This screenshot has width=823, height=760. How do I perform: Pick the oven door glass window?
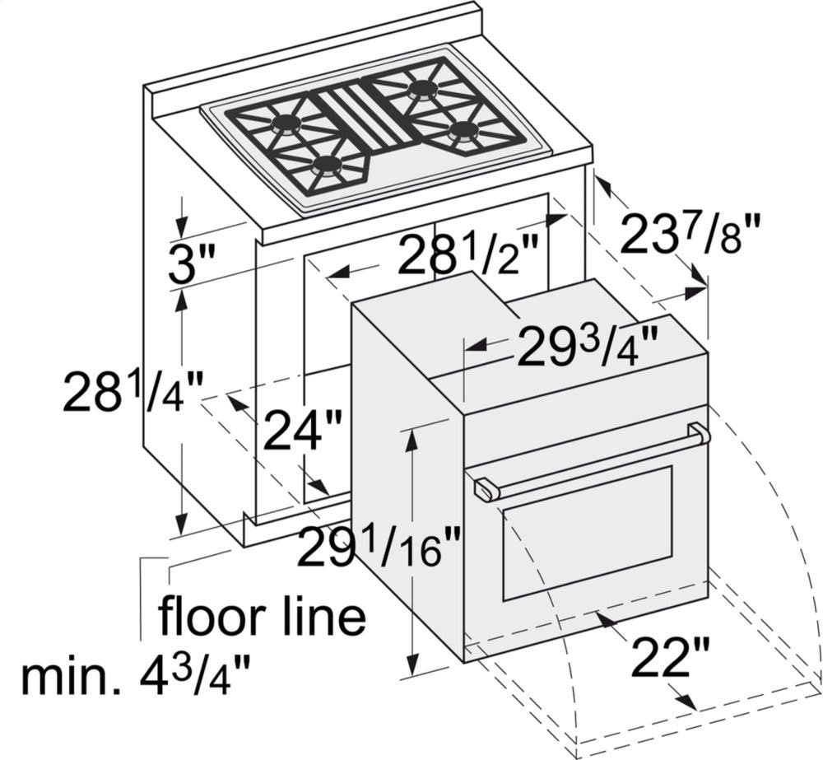[x=587, y=533]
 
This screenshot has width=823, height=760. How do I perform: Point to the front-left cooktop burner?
[x=326, y=166]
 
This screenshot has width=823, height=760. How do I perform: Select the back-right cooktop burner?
[x=422, y=88]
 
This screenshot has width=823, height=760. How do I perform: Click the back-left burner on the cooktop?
[x=285, y=124]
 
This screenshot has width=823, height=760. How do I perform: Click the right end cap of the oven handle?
[x=700, y=433]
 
